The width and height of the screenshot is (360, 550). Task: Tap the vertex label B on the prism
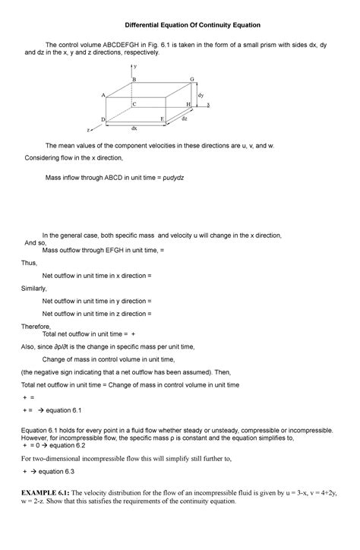(134, 80)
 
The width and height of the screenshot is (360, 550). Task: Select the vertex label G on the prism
(192, 80)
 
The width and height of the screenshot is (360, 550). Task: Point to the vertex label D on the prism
(103, 120)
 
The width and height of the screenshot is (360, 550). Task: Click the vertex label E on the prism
(162, 120)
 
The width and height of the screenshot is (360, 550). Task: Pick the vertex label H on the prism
(188, 104)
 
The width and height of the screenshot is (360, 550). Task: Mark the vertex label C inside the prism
(134, 104)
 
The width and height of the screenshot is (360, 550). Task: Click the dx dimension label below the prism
(134, 128)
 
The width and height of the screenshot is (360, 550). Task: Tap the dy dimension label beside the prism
(201, 96)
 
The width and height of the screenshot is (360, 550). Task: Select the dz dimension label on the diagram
(185, 119)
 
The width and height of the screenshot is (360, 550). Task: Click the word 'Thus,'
(30, 262)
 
